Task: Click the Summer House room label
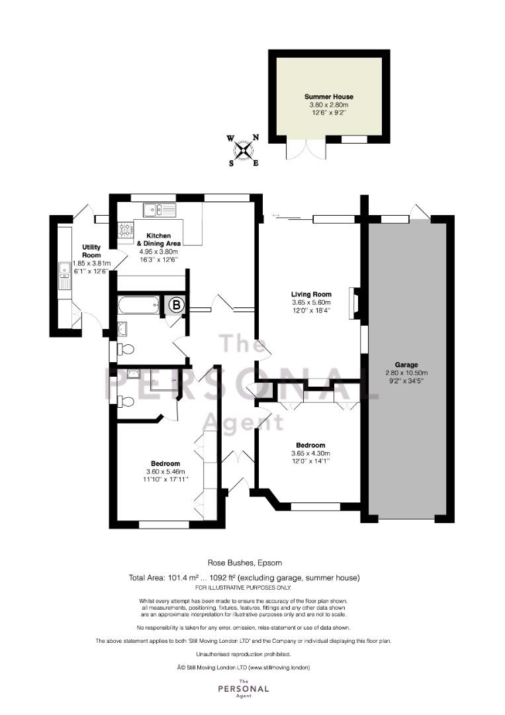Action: click(x=329, y=97)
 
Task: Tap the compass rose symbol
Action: click(x=244, y=150)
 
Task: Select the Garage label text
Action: click(x=406, y=365)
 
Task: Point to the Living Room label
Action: click(x=311, y=294)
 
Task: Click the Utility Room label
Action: click(x=91, y=252)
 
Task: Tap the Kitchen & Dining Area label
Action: click(x=158, y=240)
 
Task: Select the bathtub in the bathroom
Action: click(x=138, y=305)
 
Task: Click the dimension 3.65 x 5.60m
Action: click(x=311, y=303)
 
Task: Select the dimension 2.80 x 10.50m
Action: click(x=406, y=373)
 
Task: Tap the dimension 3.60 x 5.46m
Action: click(x=165, y=471)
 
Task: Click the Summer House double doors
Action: click(x=306, y=148)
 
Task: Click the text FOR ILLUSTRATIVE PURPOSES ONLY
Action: click(x=243, y=587)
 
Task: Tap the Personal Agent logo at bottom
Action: click(x=244, y=688)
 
